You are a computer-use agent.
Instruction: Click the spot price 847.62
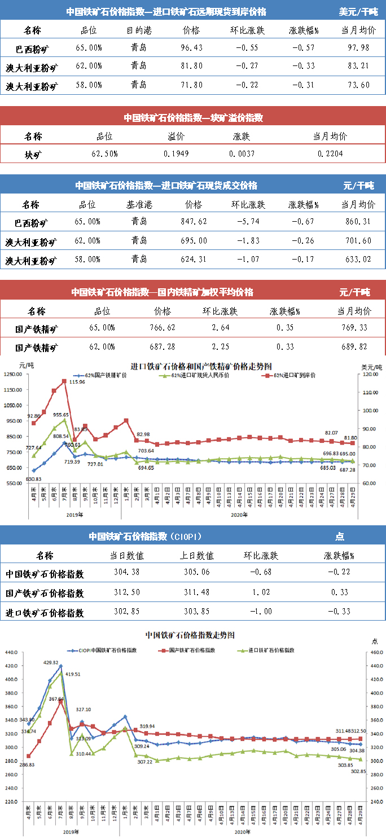[x=193, y=222]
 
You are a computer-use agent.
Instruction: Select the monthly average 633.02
[x=359, y=260]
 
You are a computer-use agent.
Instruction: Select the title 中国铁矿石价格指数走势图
[x=190, y=635]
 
